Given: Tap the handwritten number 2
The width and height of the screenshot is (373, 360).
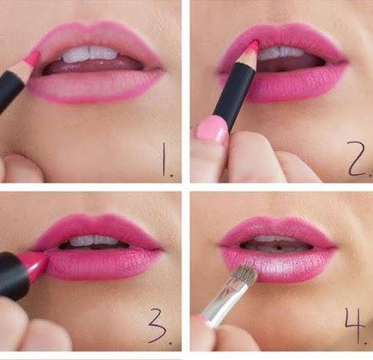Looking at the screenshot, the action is (x=359, y=159).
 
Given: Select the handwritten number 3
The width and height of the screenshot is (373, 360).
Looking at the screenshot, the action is (x=159, y=327).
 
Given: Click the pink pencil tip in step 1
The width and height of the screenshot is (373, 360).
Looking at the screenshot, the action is (x=33, y=58).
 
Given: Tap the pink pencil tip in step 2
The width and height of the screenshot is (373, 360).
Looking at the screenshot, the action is (x=254, y=46).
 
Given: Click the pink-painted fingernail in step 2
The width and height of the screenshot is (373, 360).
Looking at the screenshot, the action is (x=212, y=128).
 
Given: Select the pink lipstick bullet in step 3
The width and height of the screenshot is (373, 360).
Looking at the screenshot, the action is (x=35, y=265).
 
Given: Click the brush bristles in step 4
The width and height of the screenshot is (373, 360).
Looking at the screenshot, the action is (x=246, y=275).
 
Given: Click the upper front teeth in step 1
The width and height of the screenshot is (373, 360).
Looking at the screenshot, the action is (x=90, y=53).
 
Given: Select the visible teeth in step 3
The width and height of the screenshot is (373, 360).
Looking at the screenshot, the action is (x=94, y=241).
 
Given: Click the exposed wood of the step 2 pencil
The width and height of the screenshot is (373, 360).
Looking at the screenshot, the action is (x=247, y=57).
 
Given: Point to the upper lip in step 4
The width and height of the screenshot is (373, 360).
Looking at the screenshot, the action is (x=278, y=229).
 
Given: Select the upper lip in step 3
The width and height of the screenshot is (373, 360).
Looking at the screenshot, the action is (x=95, y=229).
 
